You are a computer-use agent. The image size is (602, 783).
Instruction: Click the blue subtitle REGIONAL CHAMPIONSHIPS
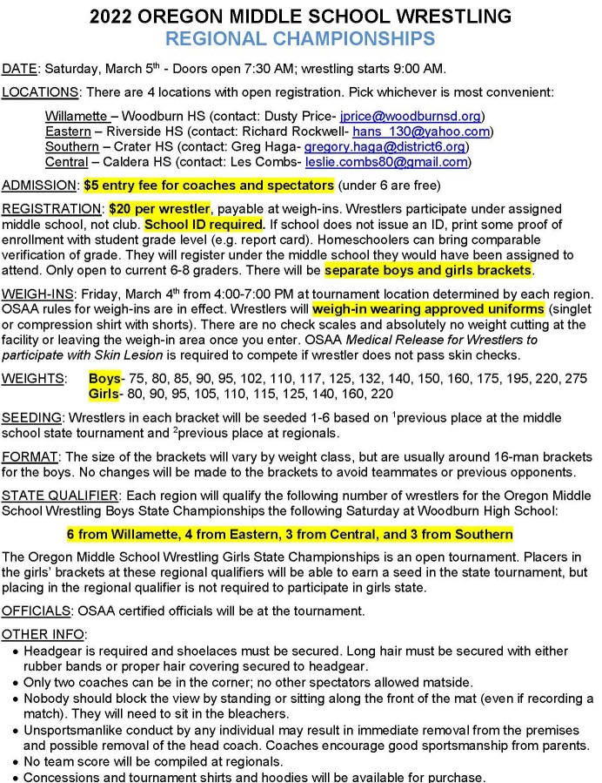[300, 38]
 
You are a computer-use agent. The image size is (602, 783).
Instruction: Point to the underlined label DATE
[19, 69]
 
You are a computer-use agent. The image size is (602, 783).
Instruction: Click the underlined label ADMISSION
[40, 186]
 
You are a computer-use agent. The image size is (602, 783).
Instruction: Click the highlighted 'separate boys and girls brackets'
[428, 271]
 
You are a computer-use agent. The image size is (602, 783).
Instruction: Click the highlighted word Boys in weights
[105, 379]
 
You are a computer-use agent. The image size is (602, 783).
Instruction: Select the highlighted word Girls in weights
[105, 394]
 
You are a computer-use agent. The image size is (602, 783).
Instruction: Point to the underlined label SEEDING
[30, 417]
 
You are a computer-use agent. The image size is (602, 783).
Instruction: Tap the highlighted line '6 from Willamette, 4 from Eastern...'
[290, 534]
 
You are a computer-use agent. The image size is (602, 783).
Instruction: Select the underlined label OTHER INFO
[43, 635]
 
